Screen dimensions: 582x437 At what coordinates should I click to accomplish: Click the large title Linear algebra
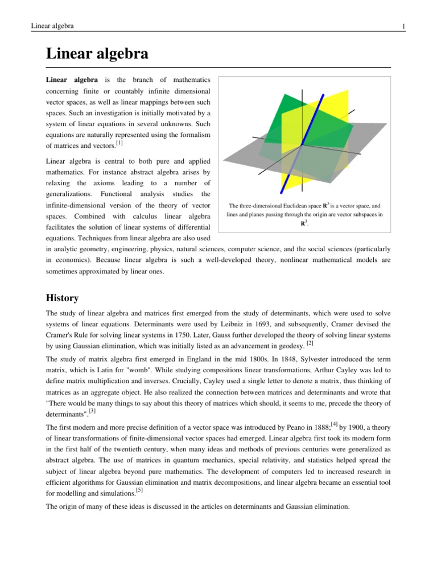point(97,54)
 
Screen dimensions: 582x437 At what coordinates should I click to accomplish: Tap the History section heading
point(62,298)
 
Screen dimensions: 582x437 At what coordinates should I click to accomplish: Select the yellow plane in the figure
point(330,114)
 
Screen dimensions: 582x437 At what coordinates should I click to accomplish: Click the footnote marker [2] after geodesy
point(309,343)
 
